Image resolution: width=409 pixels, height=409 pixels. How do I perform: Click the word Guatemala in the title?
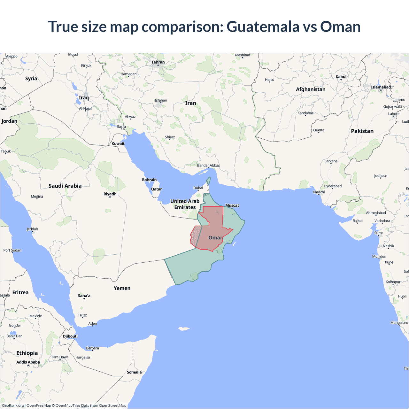pyautogui.click(x=263, y=27)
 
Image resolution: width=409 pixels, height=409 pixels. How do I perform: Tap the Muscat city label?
pyautogui.click(x=232, y=205)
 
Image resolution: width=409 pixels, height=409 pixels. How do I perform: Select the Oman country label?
pyautogui.click(x=216, y=238)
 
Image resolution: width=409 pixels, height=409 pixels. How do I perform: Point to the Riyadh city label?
pyautogui.click(x=110, y=194)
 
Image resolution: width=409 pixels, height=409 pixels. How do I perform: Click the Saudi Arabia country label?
pyautogui.click(x=65, y=186)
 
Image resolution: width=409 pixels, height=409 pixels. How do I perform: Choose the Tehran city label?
pyautogui.click(x=158, y=62)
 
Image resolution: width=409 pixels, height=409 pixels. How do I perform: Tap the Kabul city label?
pyautogui.click(x=341, y=77)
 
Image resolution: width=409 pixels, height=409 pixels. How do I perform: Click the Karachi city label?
pyautogui.click(x=319, y=192)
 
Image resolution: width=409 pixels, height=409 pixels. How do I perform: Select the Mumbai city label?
pyautogui.click(x=379, y=257)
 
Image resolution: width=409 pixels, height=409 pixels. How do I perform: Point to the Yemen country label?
pyautogui.click(x=122, y=288)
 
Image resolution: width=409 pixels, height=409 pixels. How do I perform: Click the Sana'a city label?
pyautogui.click(x=84, y=296)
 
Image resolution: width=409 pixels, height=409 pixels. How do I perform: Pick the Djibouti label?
pyautogui.click(x=70, y=336)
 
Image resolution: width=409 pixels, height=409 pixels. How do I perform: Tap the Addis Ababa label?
pyautogui.click(x=28, y=362)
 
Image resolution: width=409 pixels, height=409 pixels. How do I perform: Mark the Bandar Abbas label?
pyautogui.click(x=208, y=166)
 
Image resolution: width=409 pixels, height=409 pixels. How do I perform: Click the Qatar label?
pyautogui.click(x=157, y=189)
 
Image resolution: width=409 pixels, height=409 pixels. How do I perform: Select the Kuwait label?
pyautogui.click(x=118, y=144)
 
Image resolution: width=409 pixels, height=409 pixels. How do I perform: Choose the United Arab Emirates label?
pyautogui.click(x=185, y=204)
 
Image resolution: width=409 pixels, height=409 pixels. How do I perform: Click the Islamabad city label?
pyautogui.click(x=381, y=87)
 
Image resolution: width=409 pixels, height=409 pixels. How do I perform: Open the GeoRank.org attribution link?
pyautogui.click(x=13, y=405)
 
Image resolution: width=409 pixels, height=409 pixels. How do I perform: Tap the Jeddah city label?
pyautogui.click(x=32, y=229)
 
